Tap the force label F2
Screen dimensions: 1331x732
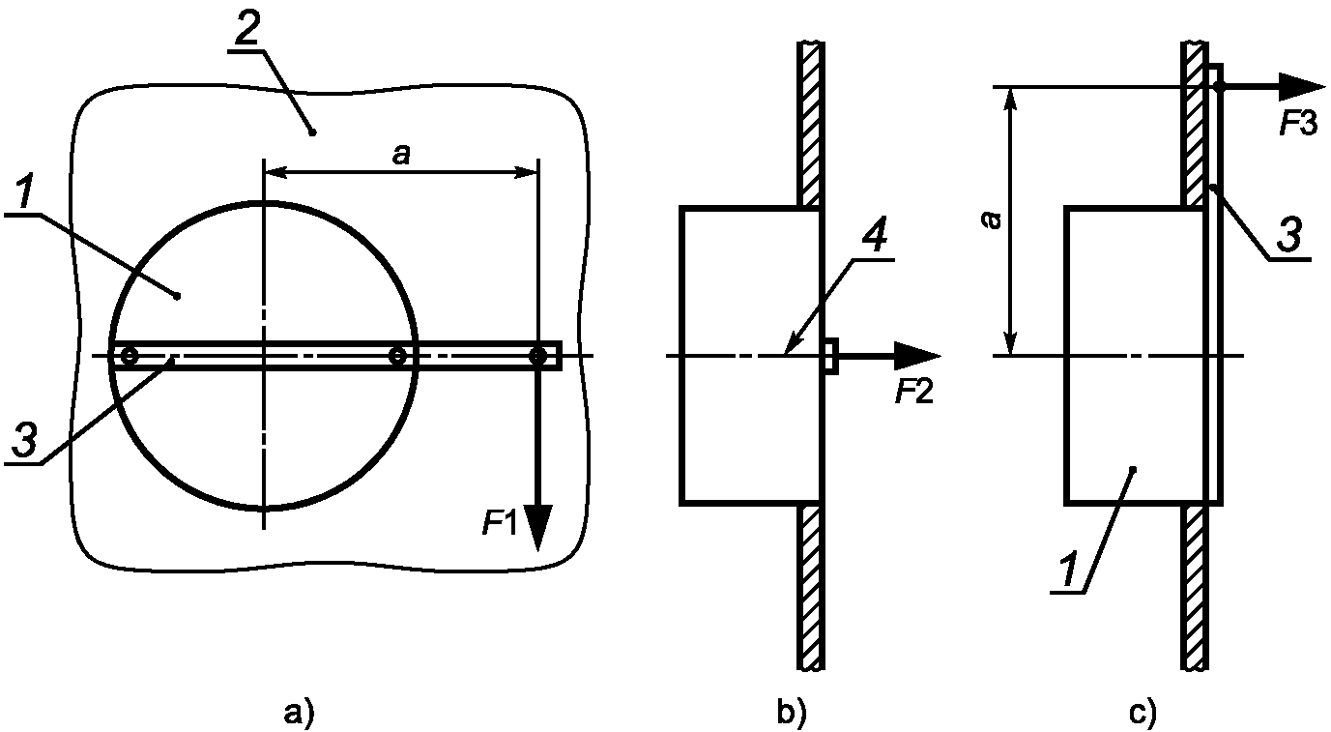tap(914, 392)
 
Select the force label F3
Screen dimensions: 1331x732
tap(1299, 125)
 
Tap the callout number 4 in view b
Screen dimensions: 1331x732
tap(874, 235)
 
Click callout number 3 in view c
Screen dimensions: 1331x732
tap(1289, 234)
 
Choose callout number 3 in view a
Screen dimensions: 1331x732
tap(24, 440)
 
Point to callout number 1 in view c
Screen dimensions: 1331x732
tap(1069, 570)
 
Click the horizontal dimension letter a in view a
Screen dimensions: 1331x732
tap(401, 156)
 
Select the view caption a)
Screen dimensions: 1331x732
tap(299, 712)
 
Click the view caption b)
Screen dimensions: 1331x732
tap(792, 712)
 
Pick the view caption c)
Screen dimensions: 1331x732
tap(1143, 712)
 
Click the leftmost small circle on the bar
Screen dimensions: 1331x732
tap(129, 356)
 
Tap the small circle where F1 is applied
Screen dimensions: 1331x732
tap(537, 356)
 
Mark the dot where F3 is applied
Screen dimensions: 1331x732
tap(1218, 87)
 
